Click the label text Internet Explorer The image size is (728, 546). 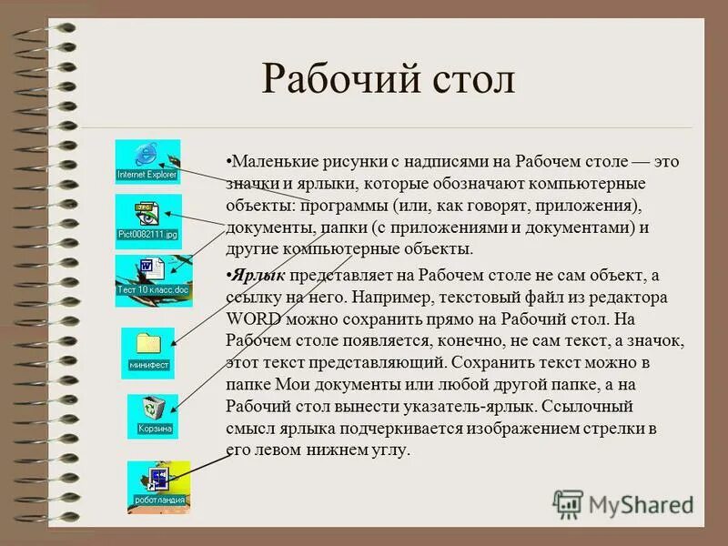(x=147, y=174)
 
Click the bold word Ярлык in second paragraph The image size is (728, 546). (x=256, y=276)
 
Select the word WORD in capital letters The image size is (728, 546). (x=257, y=319)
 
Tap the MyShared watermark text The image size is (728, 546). (x=641, y=503)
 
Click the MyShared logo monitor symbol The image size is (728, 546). (x=569, y=503)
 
